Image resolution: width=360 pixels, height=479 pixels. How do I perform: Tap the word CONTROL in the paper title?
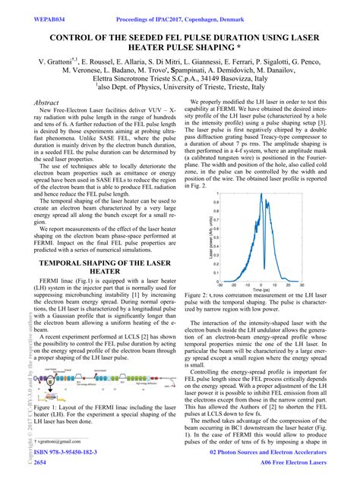78,36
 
